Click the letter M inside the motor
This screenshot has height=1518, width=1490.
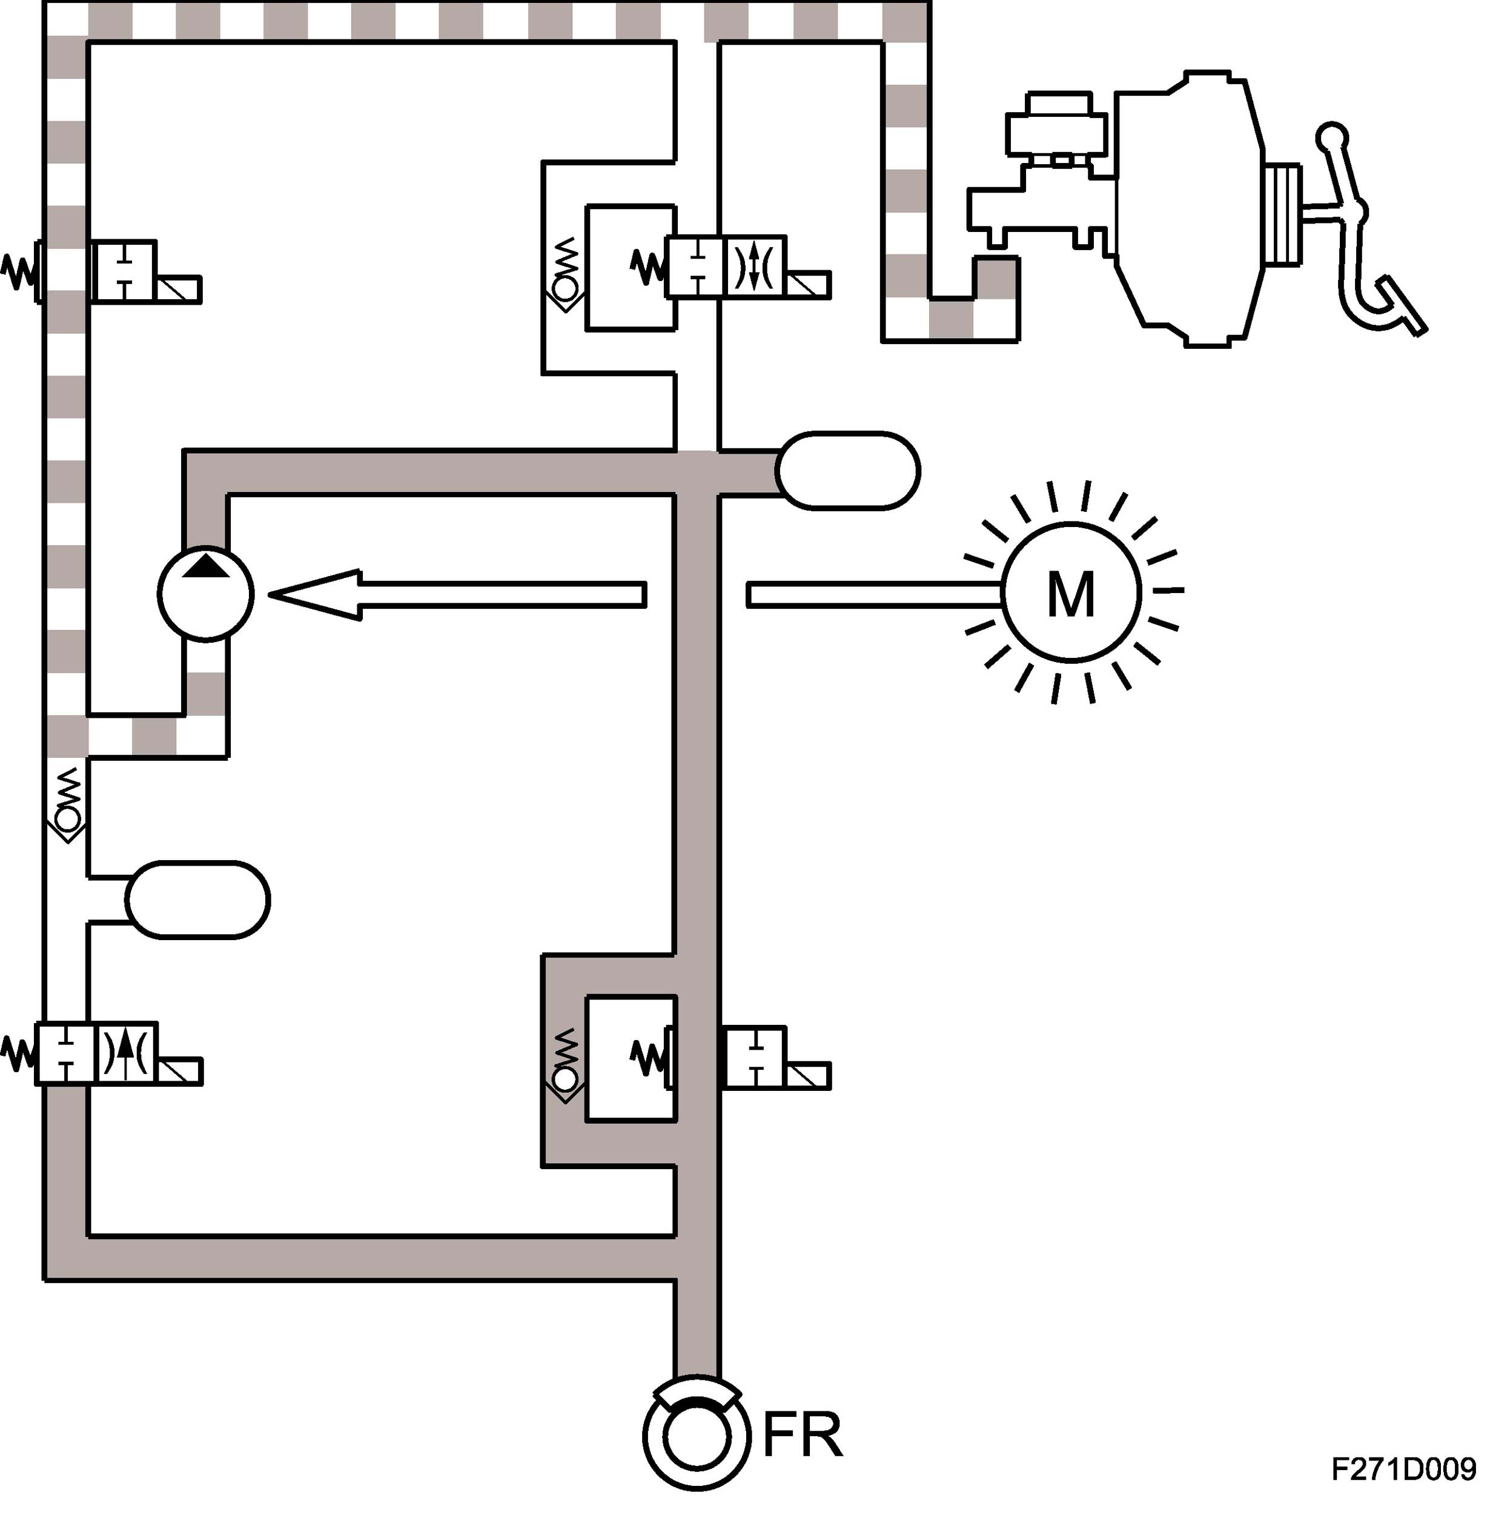pos(1070,595)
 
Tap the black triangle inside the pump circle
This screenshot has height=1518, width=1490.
pos(206,566)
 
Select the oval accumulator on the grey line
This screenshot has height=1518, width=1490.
pos(847,471)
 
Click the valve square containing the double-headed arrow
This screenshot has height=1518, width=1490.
pos(756,266)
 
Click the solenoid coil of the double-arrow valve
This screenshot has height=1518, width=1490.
pos(809,285)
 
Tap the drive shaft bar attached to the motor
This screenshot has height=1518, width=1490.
pos(873,595)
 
